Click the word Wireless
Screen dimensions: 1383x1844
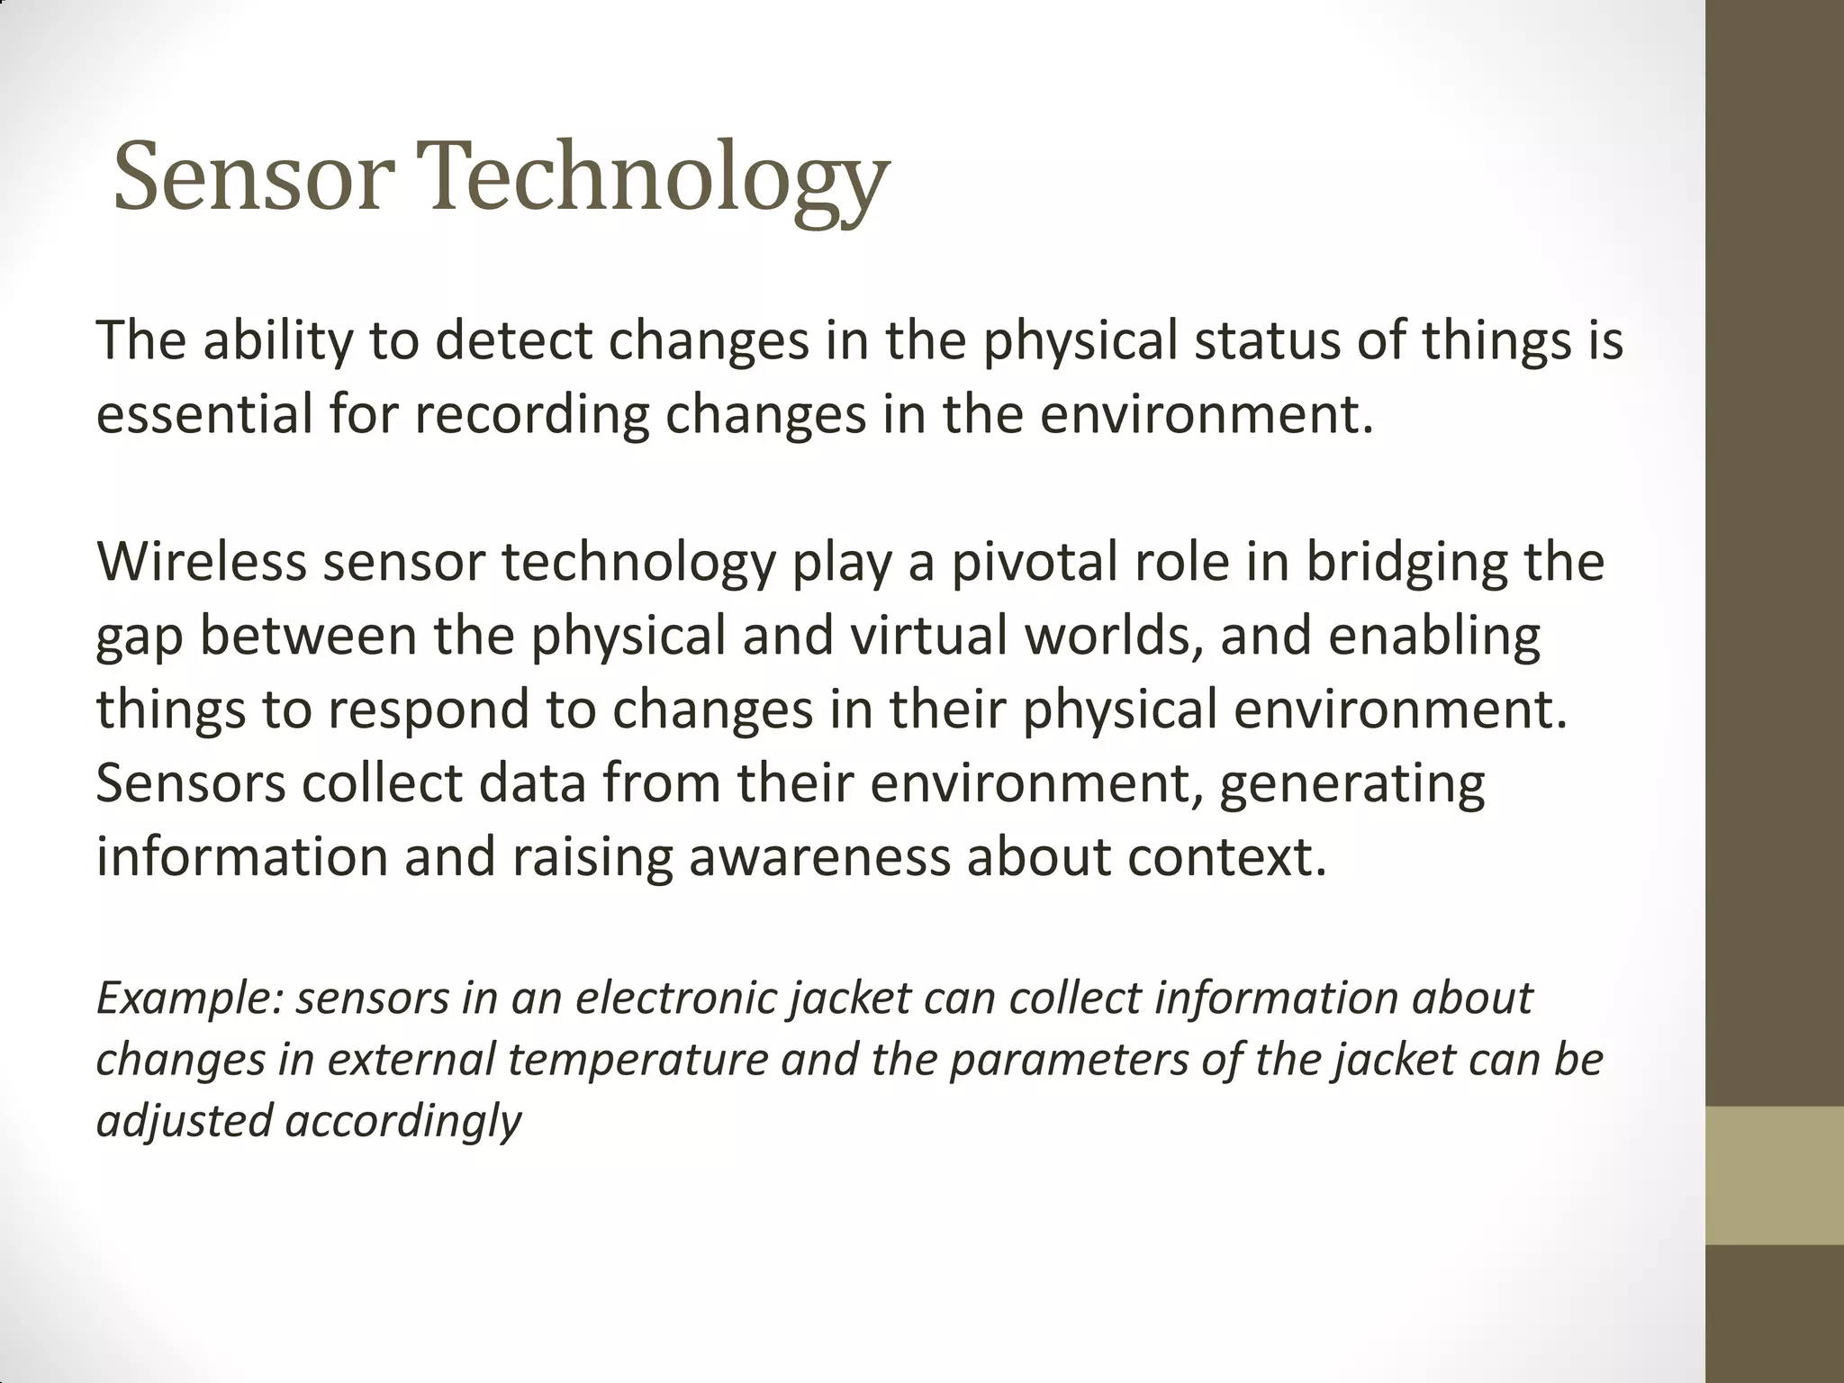202,562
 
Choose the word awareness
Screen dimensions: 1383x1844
819,857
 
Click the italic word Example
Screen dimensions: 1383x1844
189,999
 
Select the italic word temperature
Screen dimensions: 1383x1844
637,1060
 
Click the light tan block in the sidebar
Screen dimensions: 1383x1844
1775,1176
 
